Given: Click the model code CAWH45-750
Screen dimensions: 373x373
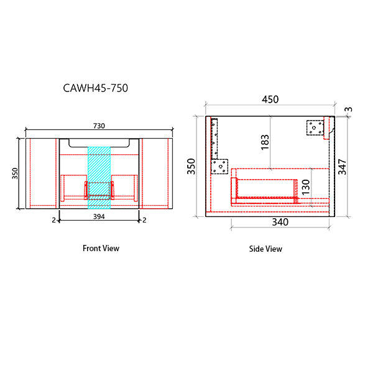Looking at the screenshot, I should pos(96,88).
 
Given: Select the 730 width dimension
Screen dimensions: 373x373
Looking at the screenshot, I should pos(99,126).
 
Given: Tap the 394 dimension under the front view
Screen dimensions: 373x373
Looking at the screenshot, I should pos(99,218).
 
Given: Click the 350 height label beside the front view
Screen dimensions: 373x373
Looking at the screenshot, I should pos(16,173).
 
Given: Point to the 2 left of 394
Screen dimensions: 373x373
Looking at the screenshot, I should pos(54,220).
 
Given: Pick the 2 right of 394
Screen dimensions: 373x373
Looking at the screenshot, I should pos(144,220).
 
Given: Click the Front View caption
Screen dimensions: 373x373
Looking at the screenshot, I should pos(101,248).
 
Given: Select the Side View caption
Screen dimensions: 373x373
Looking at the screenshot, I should pos(265,249).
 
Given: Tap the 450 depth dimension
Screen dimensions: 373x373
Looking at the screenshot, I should pos(270,99).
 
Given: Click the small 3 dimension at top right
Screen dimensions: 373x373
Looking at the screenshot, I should pos(348,110).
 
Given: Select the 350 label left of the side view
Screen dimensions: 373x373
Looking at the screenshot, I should pos(192,167).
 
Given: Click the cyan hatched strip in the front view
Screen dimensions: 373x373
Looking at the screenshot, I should pos(99,176).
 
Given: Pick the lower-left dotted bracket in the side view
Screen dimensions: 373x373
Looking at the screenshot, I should pos(219,166).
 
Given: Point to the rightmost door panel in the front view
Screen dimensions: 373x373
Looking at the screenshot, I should pos(156,172).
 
